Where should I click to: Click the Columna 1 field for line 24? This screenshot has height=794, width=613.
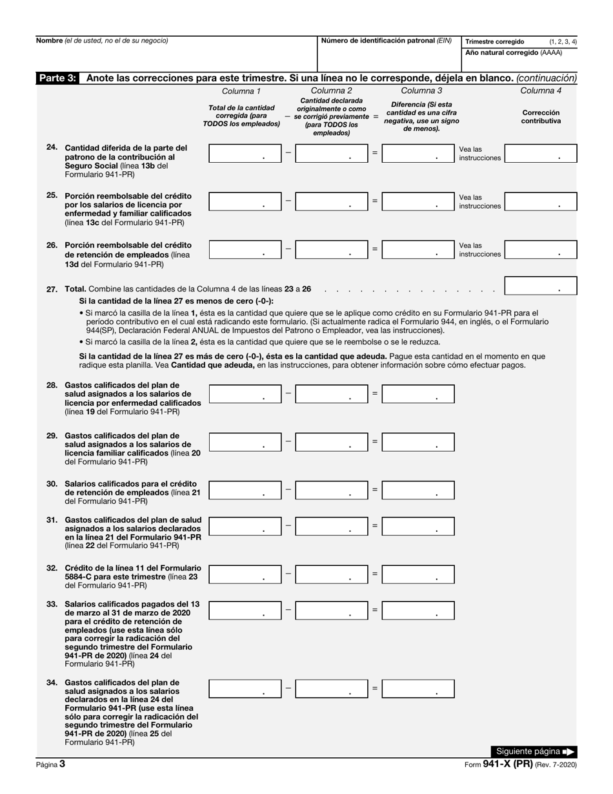coord(245,153)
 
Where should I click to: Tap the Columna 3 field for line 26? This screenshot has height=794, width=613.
coord(418,249)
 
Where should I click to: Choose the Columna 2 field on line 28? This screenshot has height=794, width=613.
coord(332,393)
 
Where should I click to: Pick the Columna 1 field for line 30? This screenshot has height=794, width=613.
coord(245,490)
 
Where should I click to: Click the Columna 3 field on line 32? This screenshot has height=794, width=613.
coord(418,574)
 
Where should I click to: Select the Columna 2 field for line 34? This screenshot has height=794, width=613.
coord(332,689)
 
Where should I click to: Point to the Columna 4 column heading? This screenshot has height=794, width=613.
coord(541,90)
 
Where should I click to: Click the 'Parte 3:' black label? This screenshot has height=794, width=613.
coord(57,78)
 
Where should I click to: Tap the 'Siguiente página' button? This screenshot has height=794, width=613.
coord(533,751)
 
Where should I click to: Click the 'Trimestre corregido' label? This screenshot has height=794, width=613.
coord(495,41)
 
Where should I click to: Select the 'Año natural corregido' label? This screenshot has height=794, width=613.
coord(514,53)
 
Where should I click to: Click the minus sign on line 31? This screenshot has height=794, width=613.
coord(288,526)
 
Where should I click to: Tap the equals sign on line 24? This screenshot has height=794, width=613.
coord(375,153)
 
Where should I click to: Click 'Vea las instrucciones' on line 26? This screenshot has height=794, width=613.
coord(479,250)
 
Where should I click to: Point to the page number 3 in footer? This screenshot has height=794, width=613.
coord(62,764)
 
